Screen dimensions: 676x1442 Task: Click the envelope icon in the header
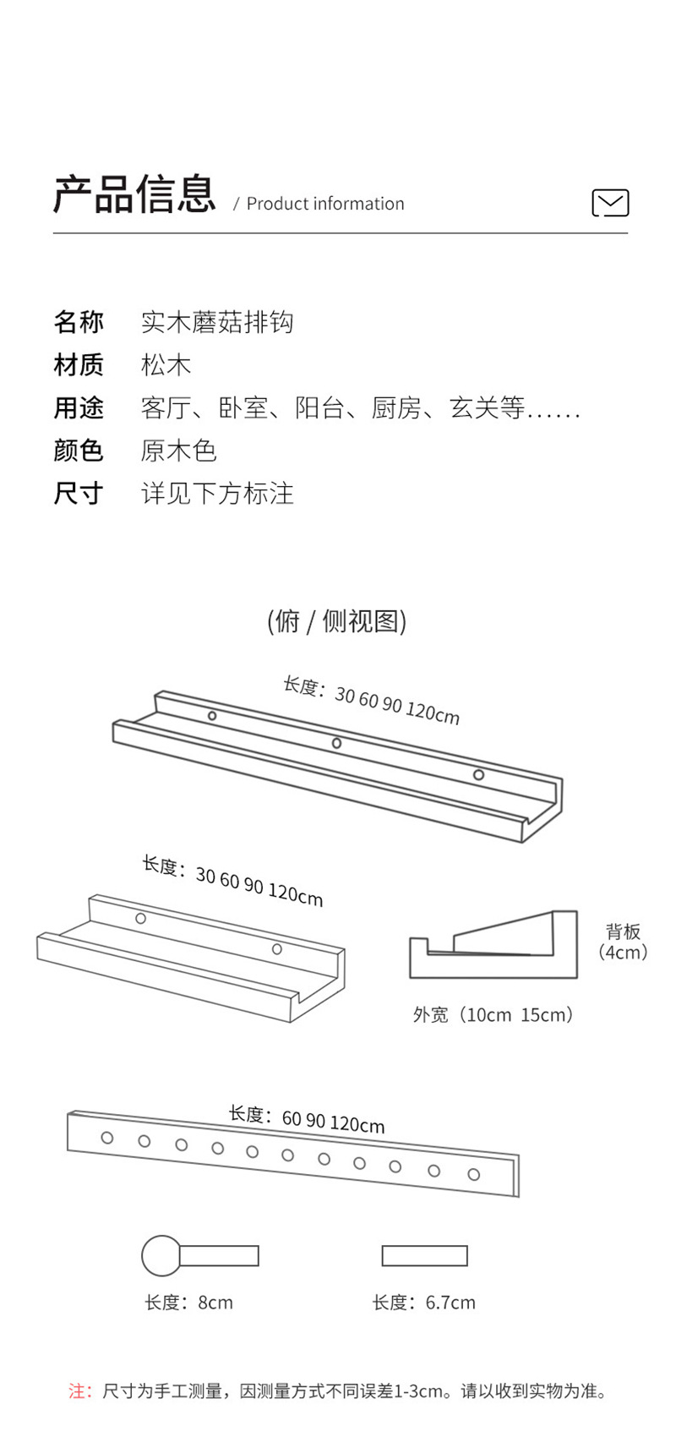pyautogui.click(x=610, y=203)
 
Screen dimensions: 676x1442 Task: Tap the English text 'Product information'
pyautogui.click(x=325, y=204)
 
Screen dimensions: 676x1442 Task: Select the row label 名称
pyautogui.click(x=79, y=322)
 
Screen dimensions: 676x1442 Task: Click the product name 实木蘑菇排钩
pyautogui.click(x=217, y=322)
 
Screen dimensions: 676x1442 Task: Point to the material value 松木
pyautogui.click(x=166, y=365)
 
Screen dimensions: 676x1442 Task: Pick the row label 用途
pyautogui.click(x=79, y=408)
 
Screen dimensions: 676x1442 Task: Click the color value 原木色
pyautogui.click(x=179, y=451)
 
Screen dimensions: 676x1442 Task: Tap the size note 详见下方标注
pyautogui.click(x=217, y=494)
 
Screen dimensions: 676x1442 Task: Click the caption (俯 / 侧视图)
pyautogui.click(x=337, y=621)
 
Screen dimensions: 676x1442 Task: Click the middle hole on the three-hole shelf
pyautogui.click(x=336, y=743)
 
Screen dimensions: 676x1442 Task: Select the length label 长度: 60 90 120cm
pyautogui.click(x=306, y=1119)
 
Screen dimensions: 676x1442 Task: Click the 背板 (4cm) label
pyautogui.click(x=624, y=942)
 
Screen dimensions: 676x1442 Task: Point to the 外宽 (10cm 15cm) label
pyautogui.click(x=493, y=1014)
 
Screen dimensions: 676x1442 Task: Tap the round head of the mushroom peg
pyautogui.click(x=161, y=1255)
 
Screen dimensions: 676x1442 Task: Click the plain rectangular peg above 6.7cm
pyautogui.click(x=424, y=1255)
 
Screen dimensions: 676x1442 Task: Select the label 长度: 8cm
pyautogui.click(x=188, y=1303)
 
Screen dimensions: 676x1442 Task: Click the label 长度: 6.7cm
pyautogui.click(x=424, y=1303)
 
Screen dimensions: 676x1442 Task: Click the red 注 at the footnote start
pyautogui.click(x=79, y=1391)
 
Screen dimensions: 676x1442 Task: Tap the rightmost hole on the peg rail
pyautogui.click(x=474, y=1174)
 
